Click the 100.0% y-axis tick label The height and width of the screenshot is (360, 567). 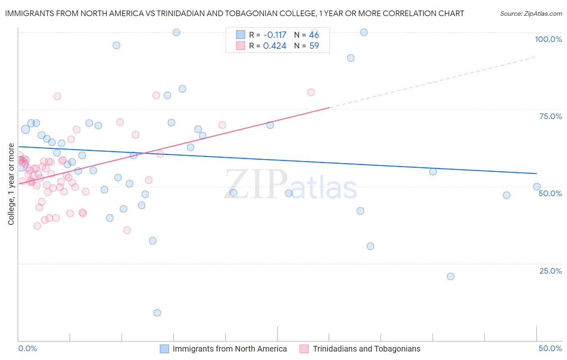tap(548, 39)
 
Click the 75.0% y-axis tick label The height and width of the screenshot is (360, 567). tap(550, 116)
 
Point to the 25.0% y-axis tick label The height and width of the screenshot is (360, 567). tap(550, 271)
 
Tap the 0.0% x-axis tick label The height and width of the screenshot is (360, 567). tap(27, 348)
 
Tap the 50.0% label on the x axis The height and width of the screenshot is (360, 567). tap(550, 348)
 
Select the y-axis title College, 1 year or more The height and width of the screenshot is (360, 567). tap(11, 184)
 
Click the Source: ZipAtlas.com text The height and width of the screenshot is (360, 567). tap(531, 14)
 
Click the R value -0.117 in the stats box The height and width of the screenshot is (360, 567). tap(275, 35)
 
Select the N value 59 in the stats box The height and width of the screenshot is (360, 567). tap(314, 46)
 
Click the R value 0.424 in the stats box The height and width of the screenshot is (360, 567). tap(275, 46)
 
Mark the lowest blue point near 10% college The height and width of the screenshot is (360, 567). tap(157, 313)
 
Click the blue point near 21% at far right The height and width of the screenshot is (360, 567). tap(450, 276)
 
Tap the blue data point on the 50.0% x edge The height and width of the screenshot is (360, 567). tap(537, 186)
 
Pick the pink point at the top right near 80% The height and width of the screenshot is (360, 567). tap(311, 92)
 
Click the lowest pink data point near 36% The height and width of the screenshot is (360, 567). tap(127, 230)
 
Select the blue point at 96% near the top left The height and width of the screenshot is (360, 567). tap(116, 45)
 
